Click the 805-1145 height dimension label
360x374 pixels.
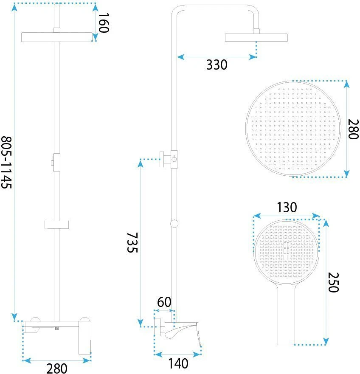(x=6, y=163)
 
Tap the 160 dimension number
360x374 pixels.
(x=104, y=22)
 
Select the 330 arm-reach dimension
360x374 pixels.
(x=217, y=65)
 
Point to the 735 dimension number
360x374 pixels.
(x=132, y=242)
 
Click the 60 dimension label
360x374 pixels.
(x=164, y=302)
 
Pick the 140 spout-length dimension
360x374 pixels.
(x=178, y=363)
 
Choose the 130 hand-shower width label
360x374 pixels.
(x=287, y=207)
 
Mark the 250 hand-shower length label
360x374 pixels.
(x=333, y=282)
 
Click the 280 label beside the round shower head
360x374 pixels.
(x=353, y=129)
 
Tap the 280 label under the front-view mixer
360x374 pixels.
(x=57, y=368)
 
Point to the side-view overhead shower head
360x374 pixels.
(x=256, y=37)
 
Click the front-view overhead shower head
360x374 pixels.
(x=57, y=37)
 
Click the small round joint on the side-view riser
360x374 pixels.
(x=174, y=223)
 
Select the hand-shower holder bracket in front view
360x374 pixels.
(x=57, y=225)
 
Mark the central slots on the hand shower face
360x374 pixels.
(x=286, y=251)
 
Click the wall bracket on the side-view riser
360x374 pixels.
(x=169, y=159)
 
